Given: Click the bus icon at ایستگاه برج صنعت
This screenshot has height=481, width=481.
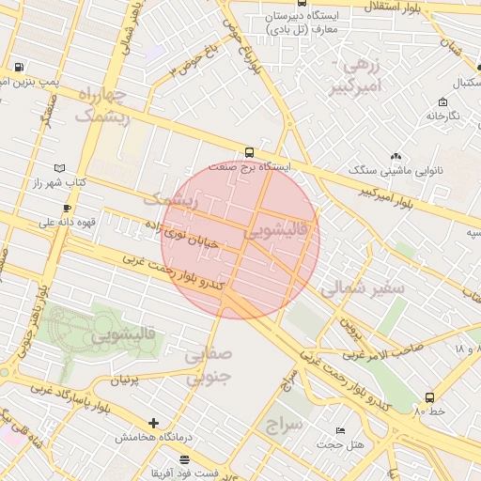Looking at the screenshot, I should pos(249,152).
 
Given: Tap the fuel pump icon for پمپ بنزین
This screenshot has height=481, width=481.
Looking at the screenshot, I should pos(20,68).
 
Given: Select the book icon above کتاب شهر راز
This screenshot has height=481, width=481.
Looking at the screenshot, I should pos(39,165).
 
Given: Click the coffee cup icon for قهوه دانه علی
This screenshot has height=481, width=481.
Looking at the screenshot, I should pos(67,208).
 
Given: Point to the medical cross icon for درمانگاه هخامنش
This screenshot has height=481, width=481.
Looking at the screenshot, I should pos(154,423).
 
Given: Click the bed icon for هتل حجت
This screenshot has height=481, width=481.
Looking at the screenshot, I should pos(339,431).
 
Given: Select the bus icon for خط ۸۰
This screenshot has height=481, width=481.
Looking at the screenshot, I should pos(429,397).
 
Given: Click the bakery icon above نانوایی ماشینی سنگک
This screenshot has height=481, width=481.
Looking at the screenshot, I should pos(396,156).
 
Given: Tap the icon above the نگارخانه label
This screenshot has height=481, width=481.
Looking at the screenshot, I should pos(442,101).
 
